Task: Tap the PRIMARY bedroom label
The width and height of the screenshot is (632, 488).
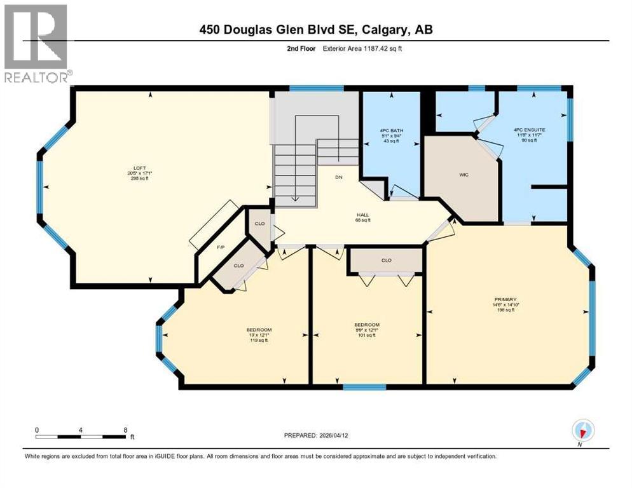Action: point(507,299)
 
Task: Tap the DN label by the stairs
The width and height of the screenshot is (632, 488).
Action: point(339,177)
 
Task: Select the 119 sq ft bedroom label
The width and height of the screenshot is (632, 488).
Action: point(259,330)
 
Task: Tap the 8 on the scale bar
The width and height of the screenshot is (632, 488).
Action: point(126,430)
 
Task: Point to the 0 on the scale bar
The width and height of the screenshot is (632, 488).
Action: point(37,430)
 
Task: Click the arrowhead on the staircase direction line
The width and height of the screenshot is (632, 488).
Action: point(295,198)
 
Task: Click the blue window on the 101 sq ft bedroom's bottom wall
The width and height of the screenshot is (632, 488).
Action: point(364,387)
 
